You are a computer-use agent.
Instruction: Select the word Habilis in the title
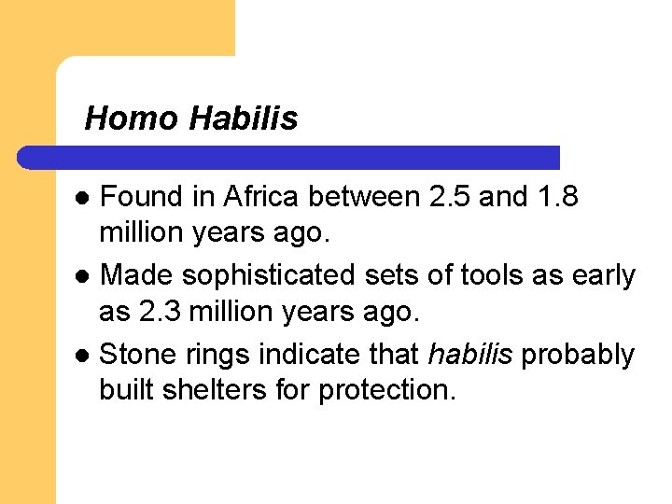[x=243, y=119]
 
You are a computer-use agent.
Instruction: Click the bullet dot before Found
[x=83, y=199]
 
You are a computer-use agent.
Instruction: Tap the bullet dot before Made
[x=83, y=277]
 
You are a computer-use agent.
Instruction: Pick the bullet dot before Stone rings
[x=83, y=356]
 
